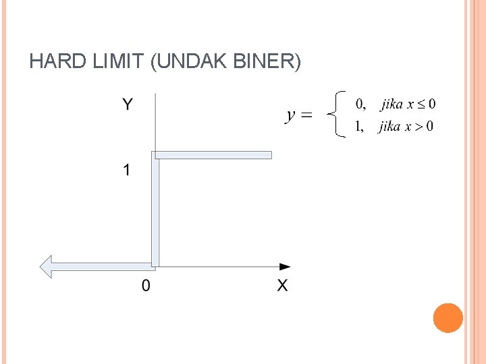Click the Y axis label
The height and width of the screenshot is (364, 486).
(127, 104)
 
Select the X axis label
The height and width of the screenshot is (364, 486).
(282, 286)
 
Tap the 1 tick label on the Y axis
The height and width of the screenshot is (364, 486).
(126, 171)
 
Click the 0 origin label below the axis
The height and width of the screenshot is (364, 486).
(146, 286)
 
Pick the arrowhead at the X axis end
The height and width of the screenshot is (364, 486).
(286, 267)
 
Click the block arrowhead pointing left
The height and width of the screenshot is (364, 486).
(47, 267)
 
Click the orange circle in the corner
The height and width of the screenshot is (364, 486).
(448, 317)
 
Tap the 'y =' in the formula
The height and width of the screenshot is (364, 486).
(299, 115)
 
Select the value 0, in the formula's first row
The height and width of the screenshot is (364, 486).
(360, 104)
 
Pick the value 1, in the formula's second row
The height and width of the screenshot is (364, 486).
(360, 126)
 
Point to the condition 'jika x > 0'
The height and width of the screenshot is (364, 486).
(406, 126)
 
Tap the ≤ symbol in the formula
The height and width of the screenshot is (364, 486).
(421, 104)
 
